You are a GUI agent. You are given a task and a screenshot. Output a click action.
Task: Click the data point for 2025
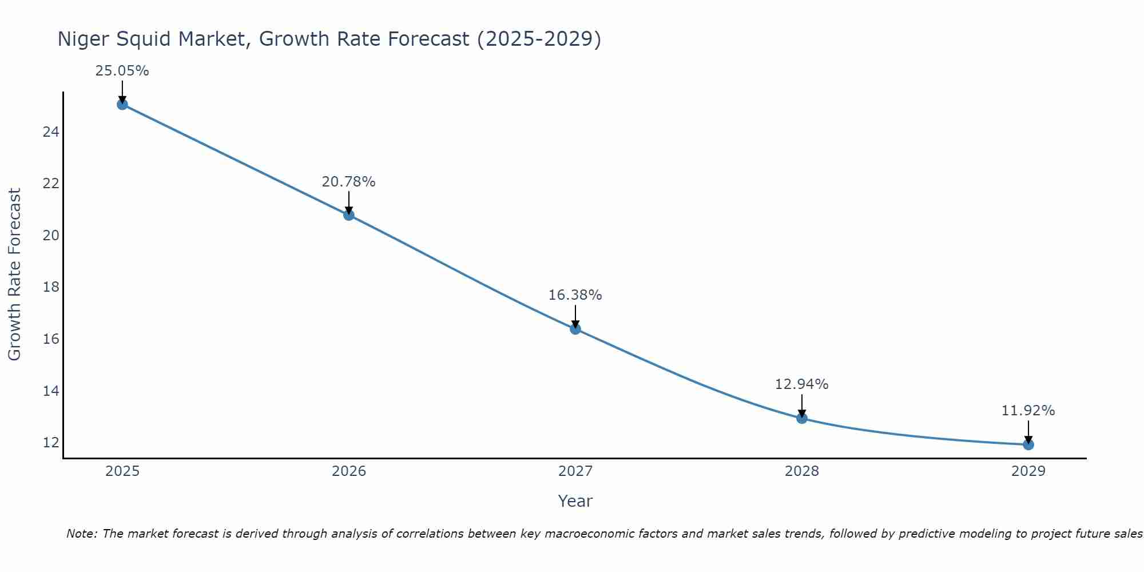(122, 104)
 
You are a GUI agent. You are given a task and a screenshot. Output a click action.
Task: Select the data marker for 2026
(349, 215)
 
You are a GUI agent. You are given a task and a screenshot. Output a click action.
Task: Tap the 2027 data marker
(575, 329)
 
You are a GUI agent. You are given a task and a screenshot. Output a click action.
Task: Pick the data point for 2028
(802, 418)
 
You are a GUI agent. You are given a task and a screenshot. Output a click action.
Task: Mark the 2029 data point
(1028, 444)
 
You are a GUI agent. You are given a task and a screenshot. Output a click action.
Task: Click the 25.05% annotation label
(122, 71)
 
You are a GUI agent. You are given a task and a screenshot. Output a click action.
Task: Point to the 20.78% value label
(348, 182)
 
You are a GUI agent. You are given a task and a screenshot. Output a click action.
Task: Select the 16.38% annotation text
(575, 295)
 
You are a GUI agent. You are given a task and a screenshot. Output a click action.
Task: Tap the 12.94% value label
(801, 384)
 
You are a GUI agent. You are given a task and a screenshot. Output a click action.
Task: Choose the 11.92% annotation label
(1028, 411)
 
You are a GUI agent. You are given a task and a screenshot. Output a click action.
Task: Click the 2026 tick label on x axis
(349, 471)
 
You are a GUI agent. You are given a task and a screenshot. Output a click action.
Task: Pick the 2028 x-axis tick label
(802, 471)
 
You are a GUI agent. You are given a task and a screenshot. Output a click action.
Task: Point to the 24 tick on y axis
(51, 132)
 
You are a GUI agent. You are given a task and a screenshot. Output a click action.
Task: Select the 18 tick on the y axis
(51, 287)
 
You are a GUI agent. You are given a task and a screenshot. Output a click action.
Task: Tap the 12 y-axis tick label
(51, 443)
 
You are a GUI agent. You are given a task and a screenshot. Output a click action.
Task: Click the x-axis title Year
(575, 501)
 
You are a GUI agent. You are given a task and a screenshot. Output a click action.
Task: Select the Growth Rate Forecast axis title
(14, 275)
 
